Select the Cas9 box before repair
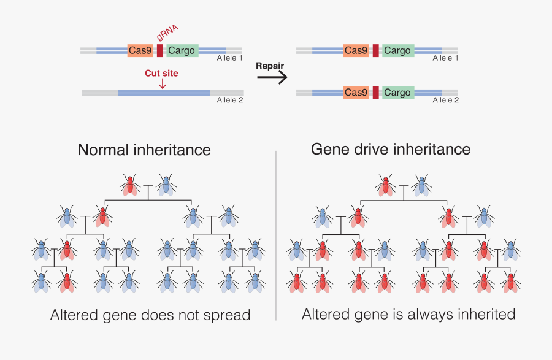(140, 50)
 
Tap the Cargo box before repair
(182, 50)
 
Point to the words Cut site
(161, 73)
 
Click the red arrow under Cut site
(162, 83)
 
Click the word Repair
(270, 66)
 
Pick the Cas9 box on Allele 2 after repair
(356, 93)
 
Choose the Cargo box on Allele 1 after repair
(397, 50)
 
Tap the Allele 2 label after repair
(446, 100)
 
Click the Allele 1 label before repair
(230, 58)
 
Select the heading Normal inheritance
(144, 150)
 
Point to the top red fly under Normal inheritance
(129, 184)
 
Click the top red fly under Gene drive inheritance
(386, 184)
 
